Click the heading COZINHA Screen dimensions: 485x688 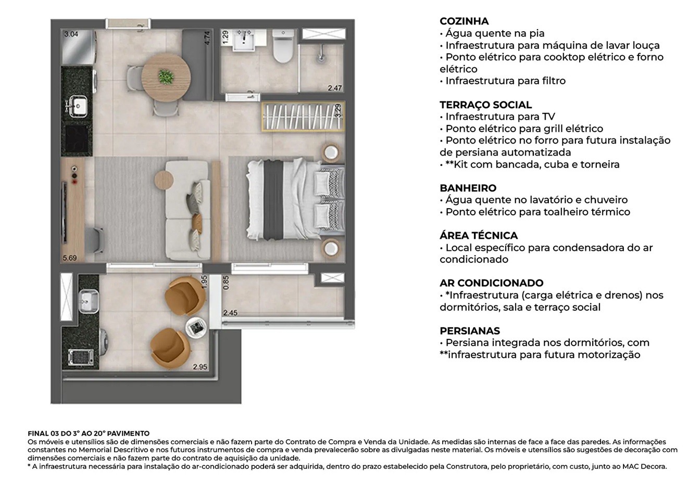[464, 21]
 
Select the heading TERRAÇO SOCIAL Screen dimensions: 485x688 [485, 105]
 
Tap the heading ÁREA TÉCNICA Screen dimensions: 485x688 [479, 236]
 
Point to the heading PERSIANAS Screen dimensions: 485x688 [470, 331]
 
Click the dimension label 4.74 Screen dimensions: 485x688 [207, 39]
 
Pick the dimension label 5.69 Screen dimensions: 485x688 [69, 258]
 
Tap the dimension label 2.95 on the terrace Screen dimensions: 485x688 [200, 367]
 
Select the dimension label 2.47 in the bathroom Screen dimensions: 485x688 [335, 88]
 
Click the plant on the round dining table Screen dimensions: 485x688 [166, 77]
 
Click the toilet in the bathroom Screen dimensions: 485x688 [283, 48]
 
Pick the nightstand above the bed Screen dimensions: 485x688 [331, 153]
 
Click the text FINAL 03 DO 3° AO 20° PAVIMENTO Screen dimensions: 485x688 [89, 433]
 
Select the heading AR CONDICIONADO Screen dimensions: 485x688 [491, 283]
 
